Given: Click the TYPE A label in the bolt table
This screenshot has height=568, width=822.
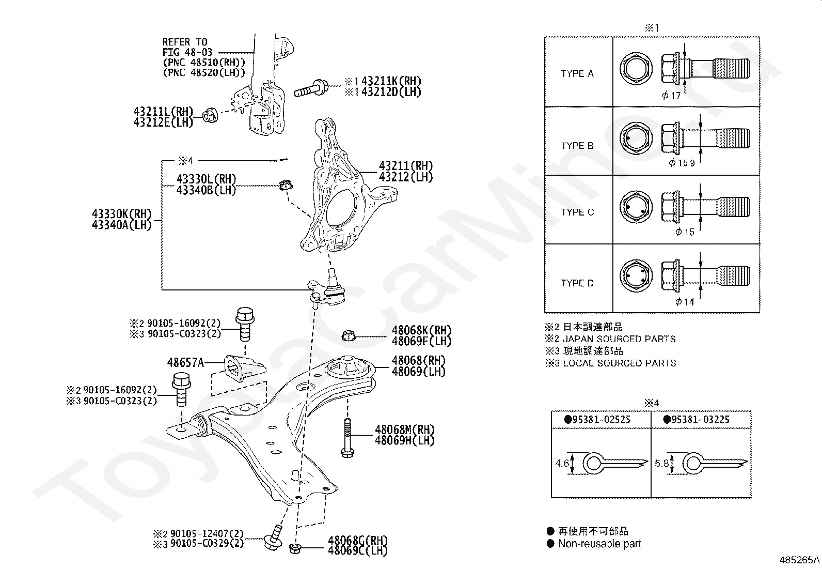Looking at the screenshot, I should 577,73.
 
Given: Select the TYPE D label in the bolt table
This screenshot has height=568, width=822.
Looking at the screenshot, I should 577,283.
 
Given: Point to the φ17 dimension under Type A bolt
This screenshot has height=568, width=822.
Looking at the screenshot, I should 671,95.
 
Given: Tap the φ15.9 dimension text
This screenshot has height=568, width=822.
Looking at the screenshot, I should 682,162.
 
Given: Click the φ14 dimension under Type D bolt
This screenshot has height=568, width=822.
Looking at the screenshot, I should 685,302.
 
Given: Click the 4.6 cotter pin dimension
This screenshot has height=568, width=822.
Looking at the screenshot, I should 562,464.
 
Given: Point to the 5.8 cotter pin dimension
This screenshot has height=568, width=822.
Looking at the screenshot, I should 661,464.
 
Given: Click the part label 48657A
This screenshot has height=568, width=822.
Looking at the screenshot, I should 185,363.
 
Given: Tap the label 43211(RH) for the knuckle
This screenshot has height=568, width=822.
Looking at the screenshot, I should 406,166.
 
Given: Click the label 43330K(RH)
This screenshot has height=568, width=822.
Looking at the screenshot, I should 122,214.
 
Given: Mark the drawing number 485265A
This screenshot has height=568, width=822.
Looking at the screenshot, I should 800,560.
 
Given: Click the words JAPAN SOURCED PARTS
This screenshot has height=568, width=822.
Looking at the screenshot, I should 619,339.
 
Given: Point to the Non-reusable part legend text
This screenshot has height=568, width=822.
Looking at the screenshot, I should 599,544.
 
